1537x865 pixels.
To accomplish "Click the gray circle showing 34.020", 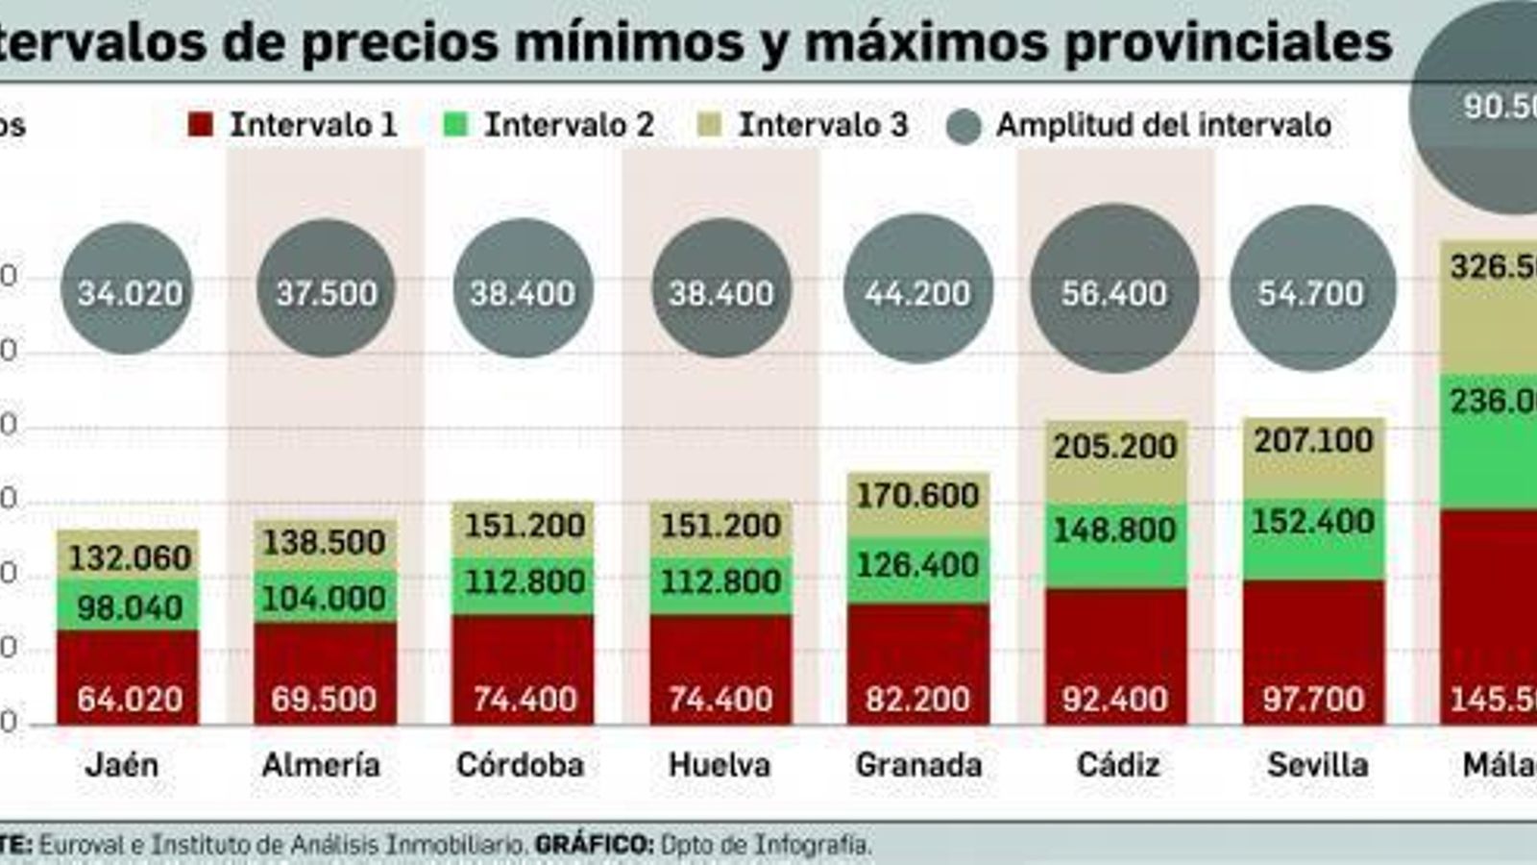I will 128,290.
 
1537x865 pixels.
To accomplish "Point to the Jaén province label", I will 122,765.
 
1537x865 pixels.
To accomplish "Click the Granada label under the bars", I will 918,765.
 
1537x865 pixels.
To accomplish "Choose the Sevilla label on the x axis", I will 1317,765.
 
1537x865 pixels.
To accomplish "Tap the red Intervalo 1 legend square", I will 200,125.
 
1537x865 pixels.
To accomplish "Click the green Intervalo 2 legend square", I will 456,125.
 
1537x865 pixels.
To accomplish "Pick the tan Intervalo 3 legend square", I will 710,125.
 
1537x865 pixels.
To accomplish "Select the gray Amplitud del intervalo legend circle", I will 964,126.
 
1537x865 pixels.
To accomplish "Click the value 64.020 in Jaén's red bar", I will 130,699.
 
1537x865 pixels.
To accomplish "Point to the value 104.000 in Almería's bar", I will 324,598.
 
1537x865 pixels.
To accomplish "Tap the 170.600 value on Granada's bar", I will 917,495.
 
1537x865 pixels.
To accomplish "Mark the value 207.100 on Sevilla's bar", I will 1313,440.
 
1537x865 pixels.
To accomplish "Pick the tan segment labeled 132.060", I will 129,555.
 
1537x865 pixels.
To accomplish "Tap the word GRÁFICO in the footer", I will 594,845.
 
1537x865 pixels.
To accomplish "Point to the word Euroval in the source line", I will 82,845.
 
